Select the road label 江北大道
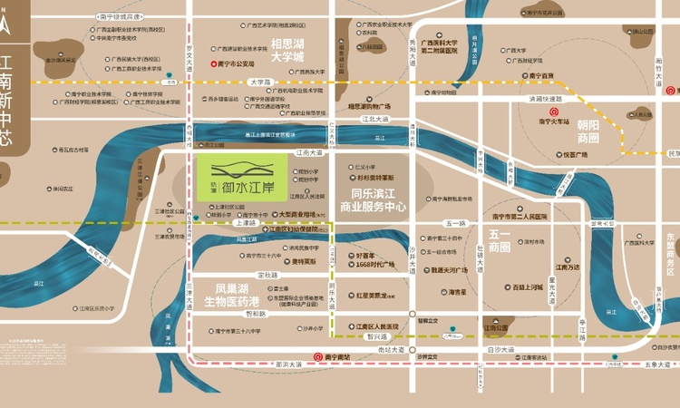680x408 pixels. [374, 119]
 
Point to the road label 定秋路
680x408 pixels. [267, 275]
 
